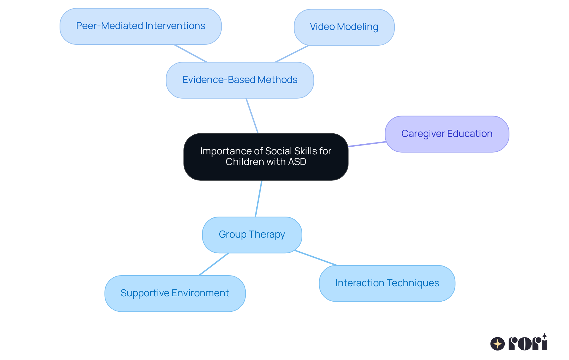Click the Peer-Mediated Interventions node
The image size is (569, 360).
[x=140, y=26]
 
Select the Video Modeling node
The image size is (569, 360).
[x=344, y=27]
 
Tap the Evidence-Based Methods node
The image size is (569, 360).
[x=240, y=80]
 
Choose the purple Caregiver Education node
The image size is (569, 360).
[x=447, y=134]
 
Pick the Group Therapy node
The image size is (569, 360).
[x=252, y=235]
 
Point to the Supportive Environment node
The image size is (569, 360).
[x=175, y=293]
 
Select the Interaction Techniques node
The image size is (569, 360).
[x=387, y=283]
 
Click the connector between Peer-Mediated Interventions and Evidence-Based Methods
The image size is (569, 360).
[x=190, y=53]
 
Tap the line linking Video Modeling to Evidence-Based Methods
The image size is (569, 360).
[x=292, y=54]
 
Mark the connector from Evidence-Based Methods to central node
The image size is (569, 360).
[x=252, y=116]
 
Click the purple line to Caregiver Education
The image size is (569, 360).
[x=367, y=144]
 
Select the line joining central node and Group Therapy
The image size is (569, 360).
[x=259, y=199]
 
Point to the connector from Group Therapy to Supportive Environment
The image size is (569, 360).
[x=214, y=264]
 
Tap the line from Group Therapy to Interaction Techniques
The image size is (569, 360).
[x=316, y=258]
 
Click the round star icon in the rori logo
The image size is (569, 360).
[x=497, y=344]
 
